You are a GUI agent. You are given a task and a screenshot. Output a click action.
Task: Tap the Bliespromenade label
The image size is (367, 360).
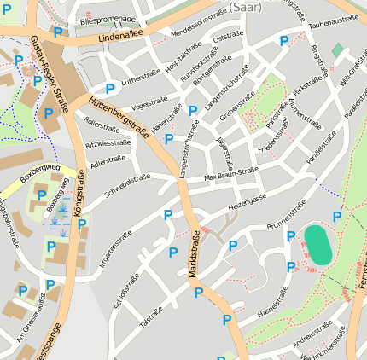[108, 19]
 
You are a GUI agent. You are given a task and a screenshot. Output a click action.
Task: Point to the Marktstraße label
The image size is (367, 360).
[195, 254]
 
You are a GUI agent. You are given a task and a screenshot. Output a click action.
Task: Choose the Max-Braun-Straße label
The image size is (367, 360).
[231, 174]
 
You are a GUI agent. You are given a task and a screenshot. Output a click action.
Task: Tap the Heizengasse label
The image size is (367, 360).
[248, 201]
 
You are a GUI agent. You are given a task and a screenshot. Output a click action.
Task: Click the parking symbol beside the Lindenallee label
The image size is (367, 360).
[57, 32]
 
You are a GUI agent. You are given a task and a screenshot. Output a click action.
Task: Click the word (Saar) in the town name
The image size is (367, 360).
[246, 6]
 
